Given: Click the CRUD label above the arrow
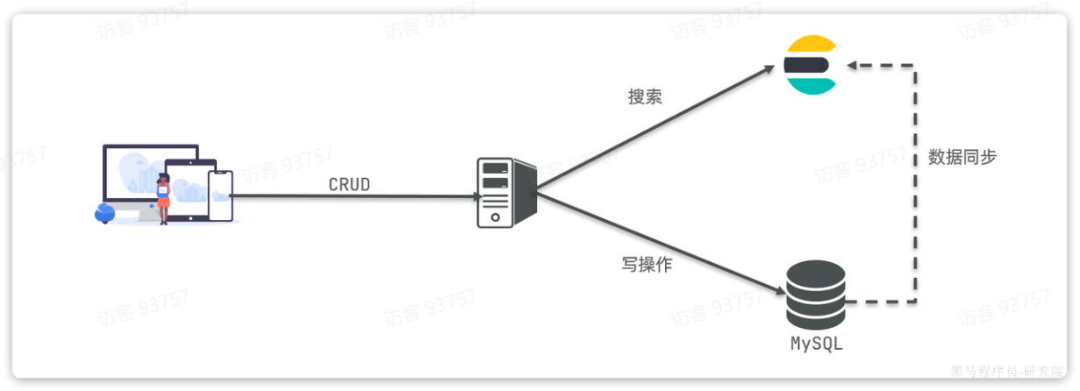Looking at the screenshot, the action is tap(349, 185).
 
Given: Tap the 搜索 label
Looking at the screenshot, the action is tap(645, 97).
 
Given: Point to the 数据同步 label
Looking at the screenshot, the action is tap(962, 158).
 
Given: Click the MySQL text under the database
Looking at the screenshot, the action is tap(816, 343).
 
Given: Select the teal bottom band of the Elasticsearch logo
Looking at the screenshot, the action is tap(809, 86).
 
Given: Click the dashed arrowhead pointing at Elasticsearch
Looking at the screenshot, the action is tap(851, 65).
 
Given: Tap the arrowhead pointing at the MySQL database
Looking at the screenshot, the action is tap(776, 290).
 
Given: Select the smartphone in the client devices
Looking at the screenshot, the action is tap(221, 196).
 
